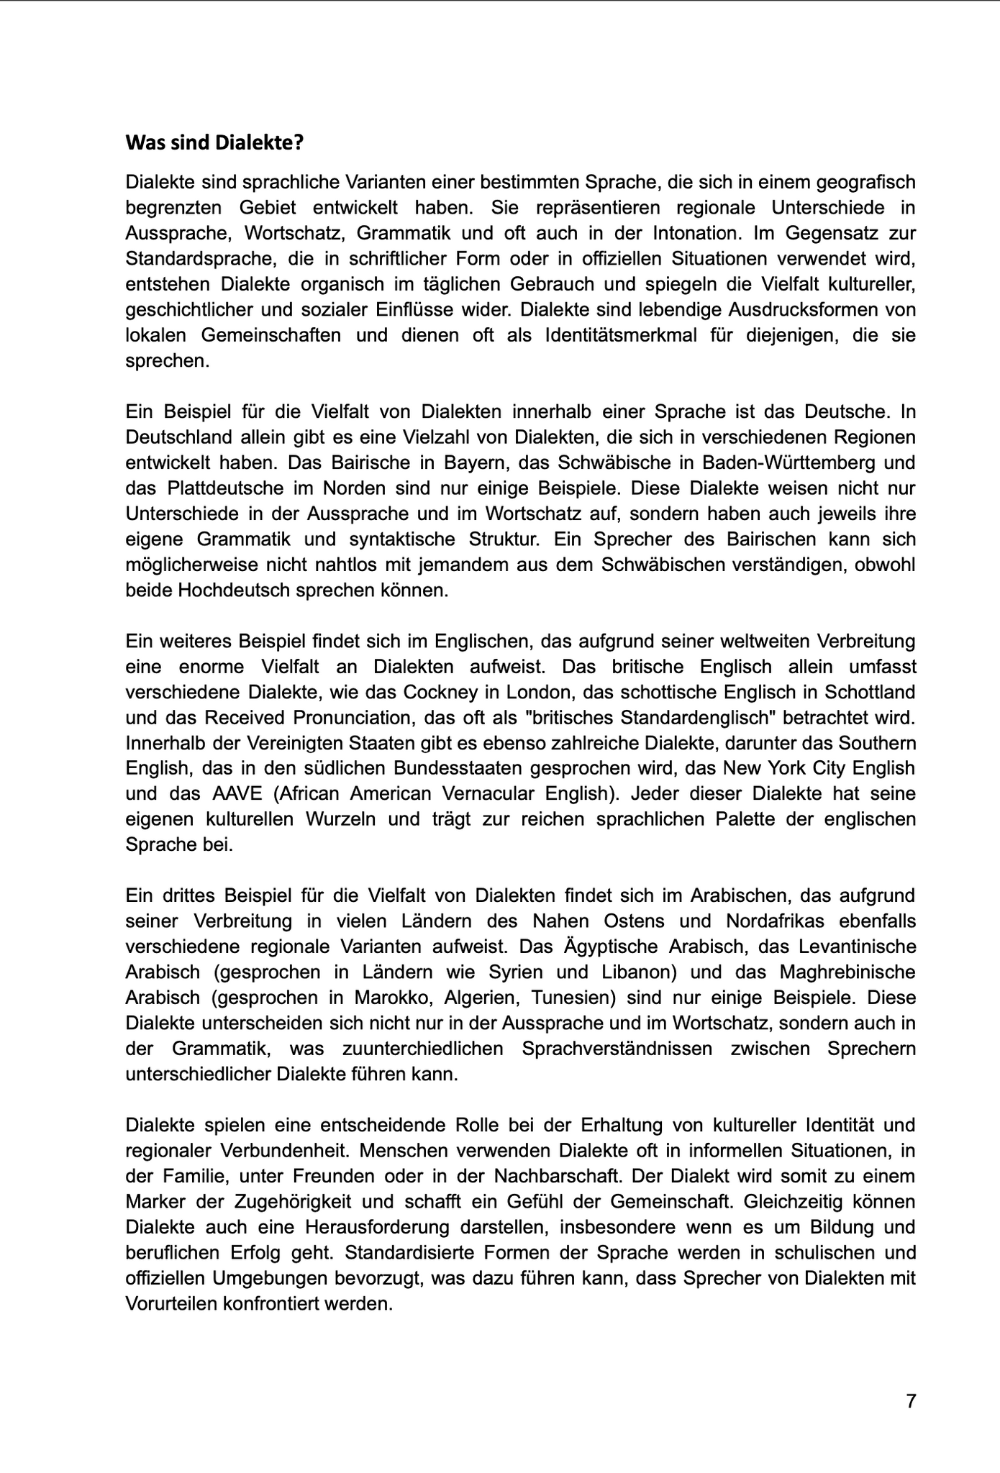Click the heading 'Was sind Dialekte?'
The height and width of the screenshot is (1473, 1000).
(214, 142)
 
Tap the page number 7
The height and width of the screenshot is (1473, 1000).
(911, 1401)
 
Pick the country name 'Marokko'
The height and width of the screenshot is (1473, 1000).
(393, 998)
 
